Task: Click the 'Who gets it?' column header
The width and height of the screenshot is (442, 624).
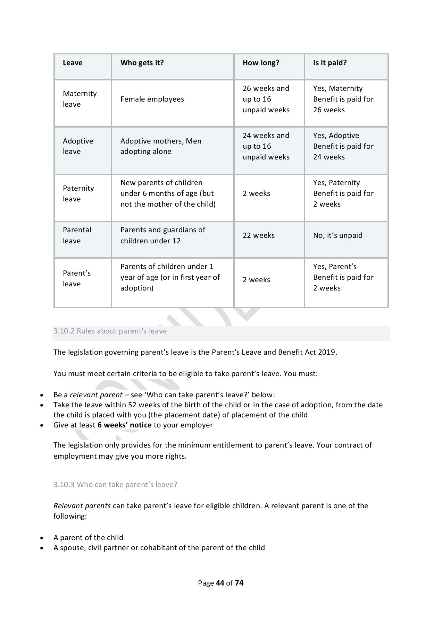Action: click(142, 63)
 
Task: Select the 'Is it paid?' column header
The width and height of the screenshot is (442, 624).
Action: click(330, 63)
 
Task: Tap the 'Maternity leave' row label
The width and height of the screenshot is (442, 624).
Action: click(80, 99)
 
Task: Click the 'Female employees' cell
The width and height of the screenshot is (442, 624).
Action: click(152, 99)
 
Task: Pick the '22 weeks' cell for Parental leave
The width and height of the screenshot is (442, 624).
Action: click(258, 235)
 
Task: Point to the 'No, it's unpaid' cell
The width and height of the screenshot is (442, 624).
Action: click(337, 235)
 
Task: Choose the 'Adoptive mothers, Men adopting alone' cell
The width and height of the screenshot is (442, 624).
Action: click(161, 146)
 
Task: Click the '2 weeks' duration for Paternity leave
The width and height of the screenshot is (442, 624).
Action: click(256, 193)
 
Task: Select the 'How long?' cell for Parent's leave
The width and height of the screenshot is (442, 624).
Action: click(256, 280)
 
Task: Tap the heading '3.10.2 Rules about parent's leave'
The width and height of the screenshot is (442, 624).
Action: click(110, 331)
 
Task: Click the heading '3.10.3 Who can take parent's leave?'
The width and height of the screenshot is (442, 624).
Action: click(115, 485)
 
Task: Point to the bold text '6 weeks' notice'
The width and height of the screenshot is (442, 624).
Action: click(124, 425)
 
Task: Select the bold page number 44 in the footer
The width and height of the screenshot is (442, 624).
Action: click(220, 583)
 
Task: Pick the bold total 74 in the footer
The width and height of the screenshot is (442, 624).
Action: click(239, 583)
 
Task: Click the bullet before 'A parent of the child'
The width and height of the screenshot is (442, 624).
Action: click(42, 538)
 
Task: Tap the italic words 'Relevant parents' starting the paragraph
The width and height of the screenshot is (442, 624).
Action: click(82, 506)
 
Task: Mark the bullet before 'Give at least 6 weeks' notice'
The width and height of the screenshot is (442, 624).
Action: click(42, 425)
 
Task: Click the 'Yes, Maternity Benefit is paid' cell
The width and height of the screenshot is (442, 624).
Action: click(343, 99)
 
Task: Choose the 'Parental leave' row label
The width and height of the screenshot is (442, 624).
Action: click(77, 235)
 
